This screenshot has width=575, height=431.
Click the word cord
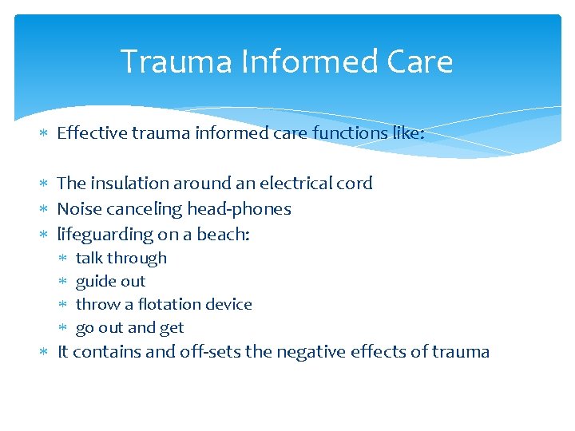355,183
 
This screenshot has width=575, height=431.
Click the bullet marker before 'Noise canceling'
45,209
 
